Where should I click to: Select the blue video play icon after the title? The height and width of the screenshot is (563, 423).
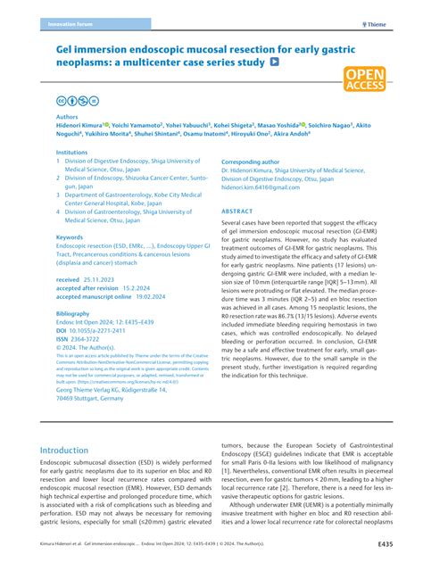pyautogui.click(x=274, y=64)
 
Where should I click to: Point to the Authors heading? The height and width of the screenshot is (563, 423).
pyautogui.click(x=67, y=117)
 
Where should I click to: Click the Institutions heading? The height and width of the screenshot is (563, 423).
pyautogui.click(x=72, y=153)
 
